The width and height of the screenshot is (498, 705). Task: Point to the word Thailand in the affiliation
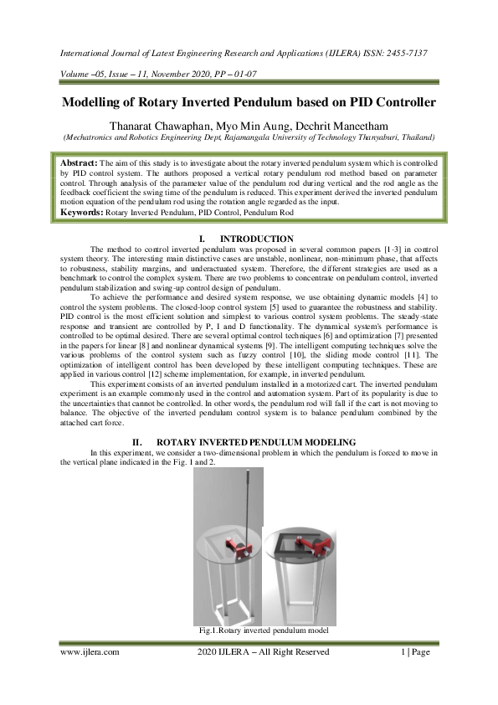[x=413, y=136]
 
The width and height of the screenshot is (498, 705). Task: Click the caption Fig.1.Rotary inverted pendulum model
[x=263, y=629]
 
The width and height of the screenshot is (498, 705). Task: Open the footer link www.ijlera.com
[x=89, y=652]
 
